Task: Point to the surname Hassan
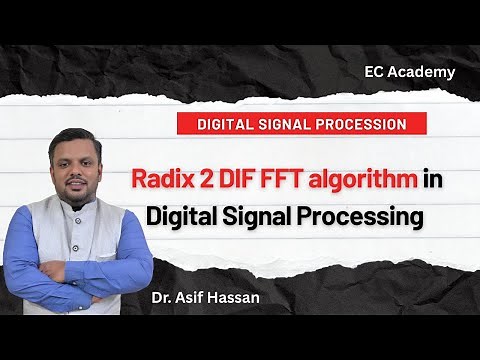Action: click(244, 297)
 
